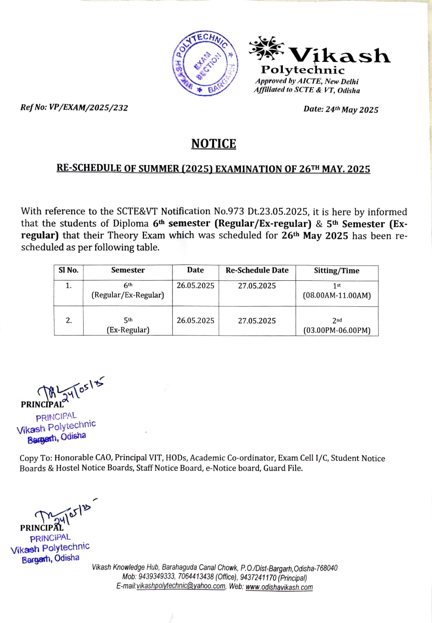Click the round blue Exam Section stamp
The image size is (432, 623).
[205, 63]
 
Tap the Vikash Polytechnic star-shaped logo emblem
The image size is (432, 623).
[266, 49]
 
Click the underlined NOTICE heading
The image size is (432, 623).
[213, 144]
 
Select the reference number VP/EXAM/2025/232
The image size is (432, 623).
[88, 107]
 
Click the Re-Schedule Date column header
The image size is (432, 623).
[257, 270]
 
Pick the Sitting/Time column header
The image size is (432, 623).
[337, 271]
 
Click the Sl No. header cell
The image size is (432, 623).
[69, 270]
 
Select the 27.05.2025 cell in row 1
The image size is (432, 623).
[257, 286]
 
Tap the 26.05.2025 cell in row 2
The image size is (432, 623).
[195, 320]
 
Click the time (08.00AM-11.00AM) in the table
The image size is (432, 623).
[337, 296]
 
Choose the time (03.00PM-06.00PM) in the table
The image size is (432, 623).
[337, 331]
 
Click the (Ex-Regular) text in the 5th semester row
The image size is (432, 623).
[128, 330]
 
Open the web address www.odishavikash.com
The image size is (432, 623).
[279, 587]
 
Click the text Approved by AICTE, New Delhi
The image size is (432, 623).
[307, 81]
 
